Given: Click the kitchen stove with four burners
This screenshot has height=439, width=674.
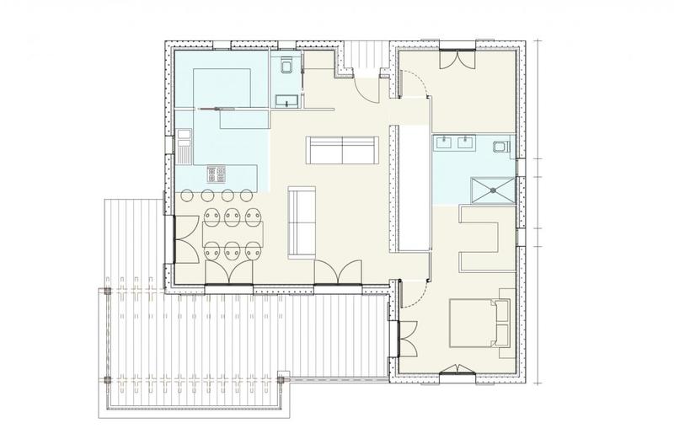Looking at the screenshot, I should click(217, 174).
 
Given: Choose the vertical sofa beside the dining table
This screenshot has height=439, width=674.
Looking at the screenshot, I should click(301, 221).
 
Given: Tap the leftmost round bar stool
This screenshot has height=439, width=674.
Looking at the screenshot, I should click(187, 195).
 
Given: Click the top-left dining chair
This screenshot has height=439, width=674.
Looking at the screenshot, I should click(212, 216).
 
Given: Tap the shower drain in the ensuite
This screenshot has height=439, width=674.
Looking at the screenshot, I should click(488, 189).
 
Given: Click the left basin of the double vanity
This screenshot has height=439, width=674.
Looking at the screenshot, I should click(444, 142).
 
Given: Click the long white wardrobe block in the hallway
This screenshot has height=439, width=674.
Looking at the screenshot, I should click(411, 187).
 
